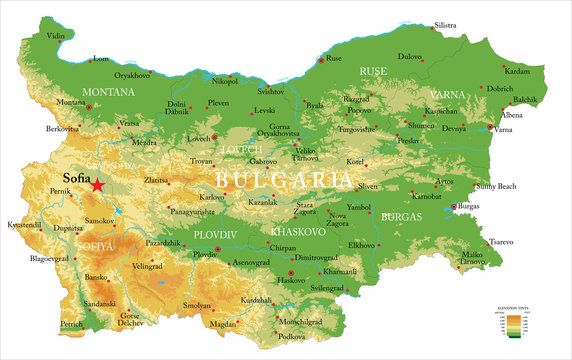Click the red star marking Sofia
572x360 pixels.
coord(97,185)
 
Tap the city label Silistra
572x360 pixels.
coord(445,24)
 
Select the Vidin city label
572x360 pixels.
coord(56,36)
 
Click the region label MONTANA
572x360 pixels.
coord(108,91)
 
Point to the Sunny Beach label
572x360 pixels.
coord(495,187)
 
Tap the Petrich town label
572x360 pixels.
coord(71,324)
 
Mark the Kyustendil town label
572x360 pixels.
coord(23,226)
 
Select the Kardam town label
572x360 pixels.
coord(517,72)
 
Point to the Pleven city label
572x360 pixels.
coord(218,103)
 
